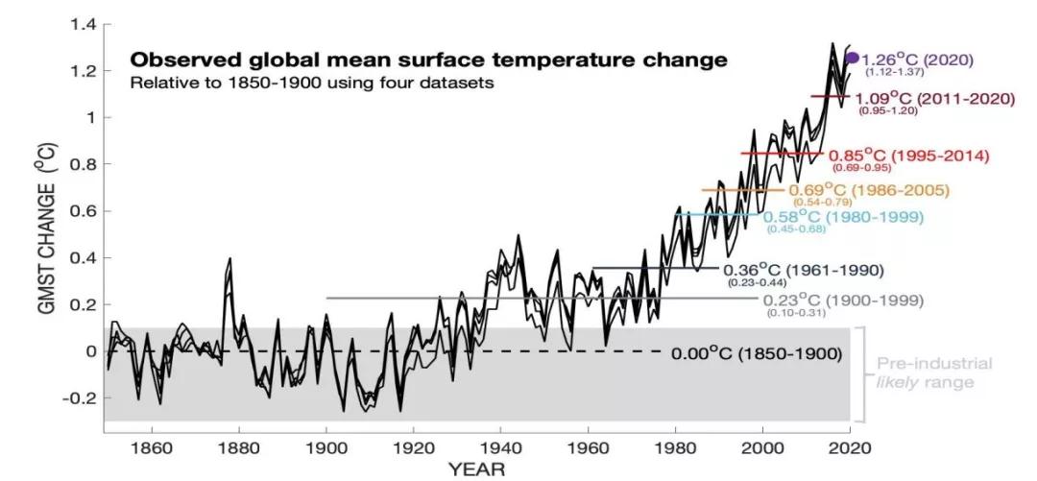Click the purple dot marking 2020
(851, 58)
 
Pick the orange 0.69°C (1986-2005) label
(875, 190)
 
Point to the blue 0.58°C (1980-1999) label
(843, 217)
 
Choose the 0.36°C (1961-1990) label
(806, 269)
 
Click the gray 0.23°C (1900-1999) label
(843, 301)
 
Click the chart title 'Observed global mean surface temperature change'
(428, 60)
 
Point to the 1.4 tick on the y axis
(84, 24)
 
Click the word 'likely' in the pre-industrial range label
(899, 382)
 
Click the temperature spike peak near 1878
(229, 259)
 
